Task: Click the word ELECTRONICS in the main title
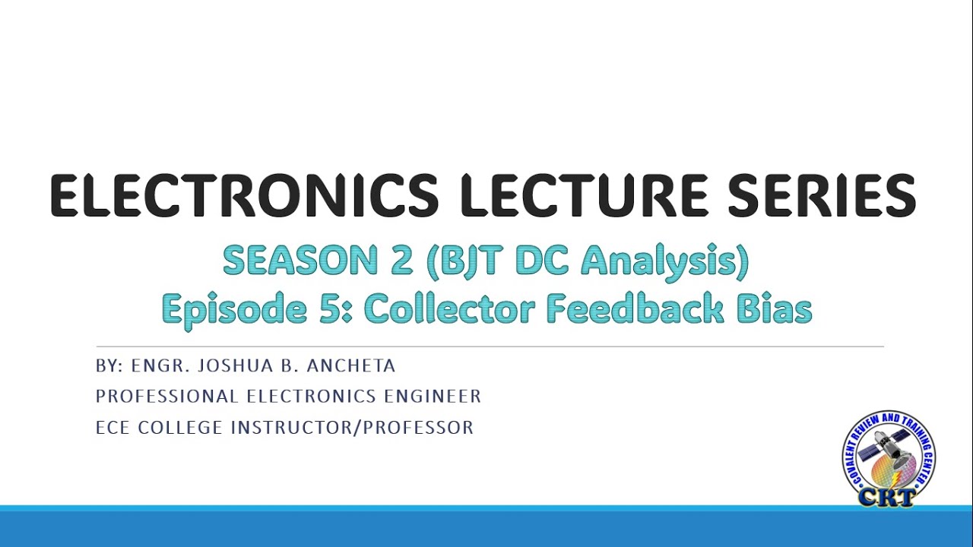tap(244, 196)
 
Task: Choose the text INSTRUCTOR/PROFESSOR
tap(352, 428)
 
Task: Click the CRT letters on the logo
tap(889, 496)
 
